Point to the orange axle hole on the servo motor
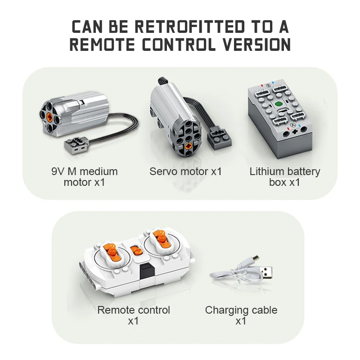189,146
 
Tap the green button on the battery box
279,104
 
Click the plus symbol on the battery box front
295,132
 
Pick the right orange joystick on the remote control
162,239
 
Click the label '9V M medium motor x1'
85,177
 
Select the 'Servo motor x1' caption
185,171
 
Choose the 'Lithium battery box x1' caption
285,177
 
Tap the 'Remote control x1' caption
134,315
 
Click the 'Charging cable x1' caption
241,315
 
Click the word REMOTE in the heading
102,44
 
